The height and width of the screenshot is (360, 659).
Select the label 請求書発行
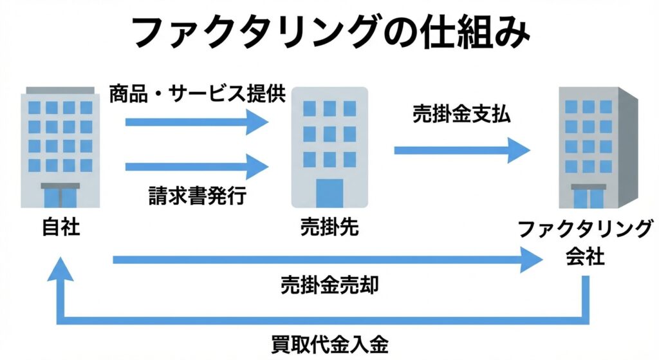tap(196, 194)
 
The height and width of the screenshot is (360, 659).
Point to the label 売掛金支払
tap(461, 117)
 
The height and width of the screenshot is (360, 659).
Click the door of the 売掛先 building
tap(330, 193)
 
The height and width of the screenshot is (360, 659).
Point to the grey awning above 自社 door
tap(60, 185)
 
